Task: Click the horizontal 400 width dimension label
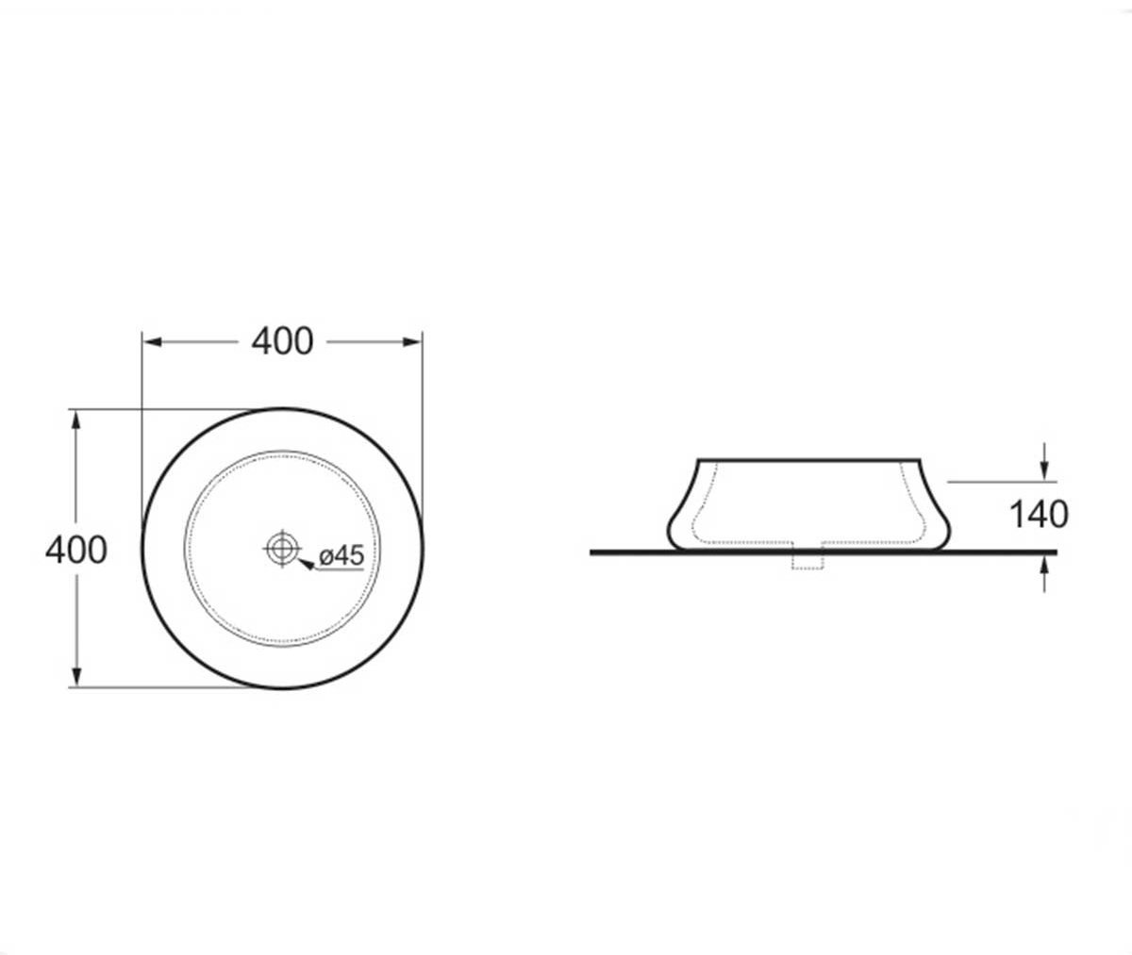pos(282,342)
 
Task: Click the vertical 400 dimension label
pos(75,551)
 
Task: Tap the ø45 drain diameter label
pos(341,555)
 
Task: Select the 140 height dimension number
pos(1039,515)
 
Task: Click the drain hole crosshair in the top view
pos(282,549)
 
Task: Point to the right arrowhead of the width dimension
pos(411,342)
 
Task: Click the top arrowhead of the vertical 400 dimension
pos(76,421)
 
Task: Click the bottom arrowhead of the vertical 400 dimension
pos(76,675)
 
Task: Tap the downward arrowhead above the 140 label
pos(1044,469)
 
